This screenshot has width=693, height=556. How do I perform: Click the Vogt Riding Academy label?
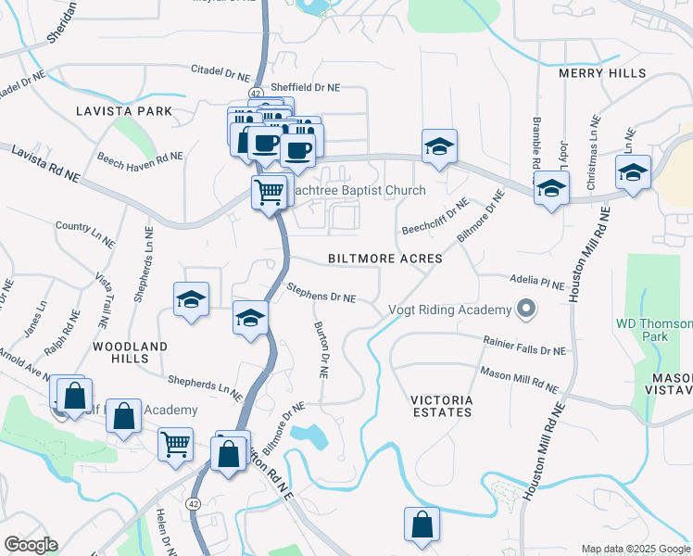click(449, 310)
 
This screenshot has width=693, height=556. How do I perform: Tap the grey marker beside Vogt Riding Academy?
click(527, 309)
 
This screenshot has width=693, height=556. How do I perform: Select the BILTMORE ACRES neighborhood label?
click(384, 259)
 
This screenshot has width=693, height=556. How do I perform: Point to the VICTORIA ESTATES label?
click(443, 407)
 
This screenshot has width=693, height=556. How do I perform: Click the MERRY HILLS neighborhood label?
click(600, 73)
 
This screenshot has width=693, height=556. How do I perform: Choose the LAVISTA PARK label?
click(124, 111)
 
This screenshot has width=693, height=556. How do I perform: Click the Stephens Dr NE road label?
click(321, 296)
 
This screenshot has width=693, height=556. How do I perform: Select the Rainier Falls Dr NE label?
click(523, 346)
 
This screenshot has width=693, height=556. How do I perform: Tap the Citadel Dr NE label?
click(220, 73)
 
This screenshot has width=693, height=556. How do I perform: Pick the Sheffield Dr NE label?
click(305, 88)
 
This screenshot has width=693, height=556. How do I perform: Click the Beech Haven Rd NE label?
click(139, 158)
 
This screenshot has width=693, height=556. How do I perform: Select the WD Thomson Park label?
click(654, 330)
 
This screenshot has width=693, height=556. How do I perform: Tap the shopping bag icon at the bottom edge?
click(422, 524)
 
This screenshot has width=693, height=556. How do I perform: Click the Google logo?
click(31, 545)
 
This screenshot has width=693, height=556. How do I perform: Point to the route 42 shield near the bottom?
click(193, 503)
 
